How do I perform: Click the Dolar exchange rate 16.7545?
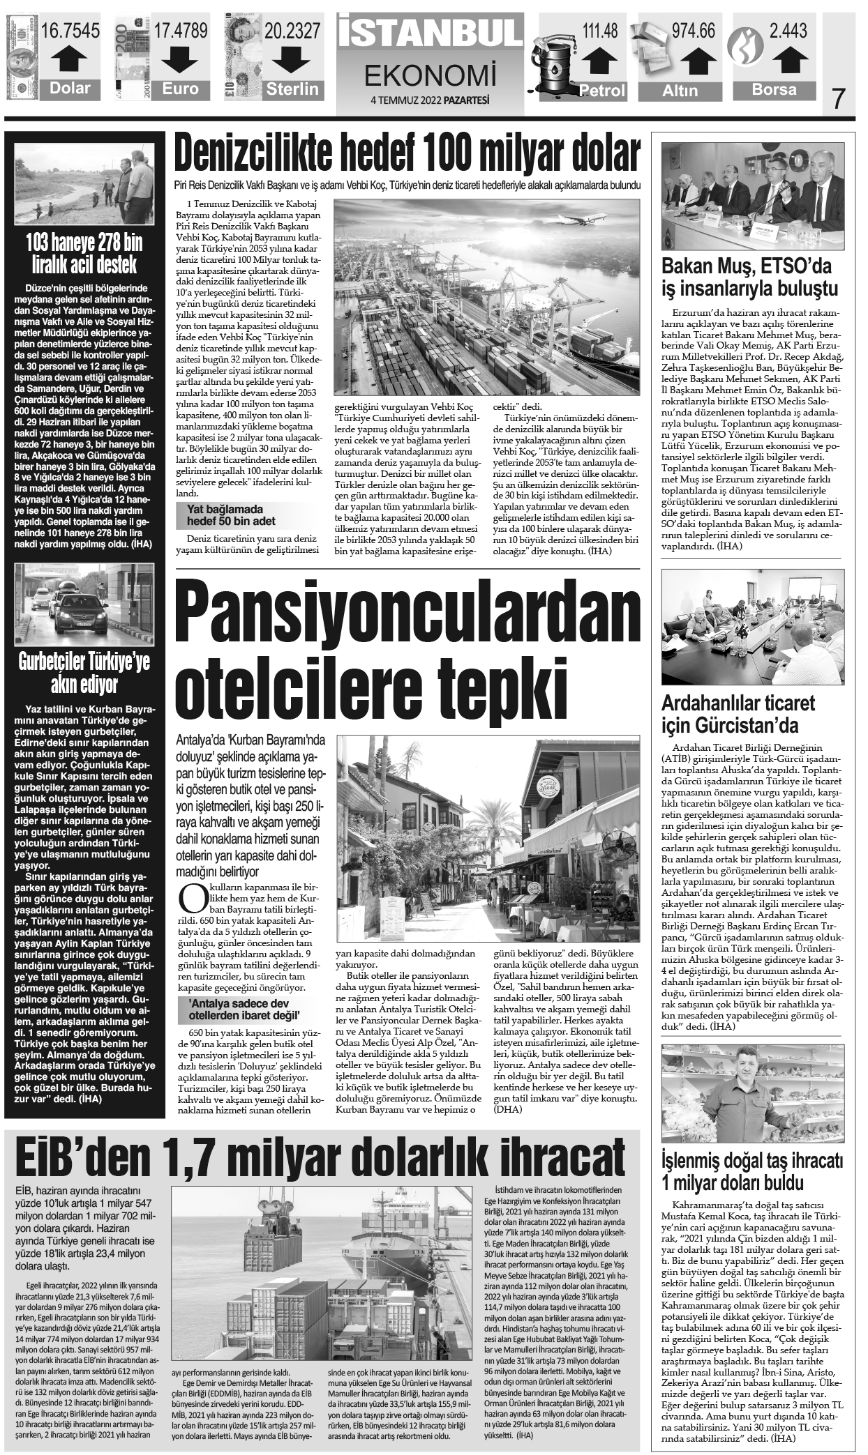pyautogui.click(x=70, y=31)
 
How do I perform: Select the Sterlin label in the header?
pyautogui.click(x=292, y=89)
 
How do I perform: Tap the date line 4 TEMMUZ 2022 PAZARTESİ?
pyautogui.click(x=430, y=100)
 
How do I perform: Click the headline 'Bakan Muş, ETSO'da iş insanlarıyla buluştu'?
pyautogui.click(x=750, y=277)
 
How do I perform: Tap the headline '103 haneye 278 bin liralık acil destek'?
pyautogui.click(x=83, y=254)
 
